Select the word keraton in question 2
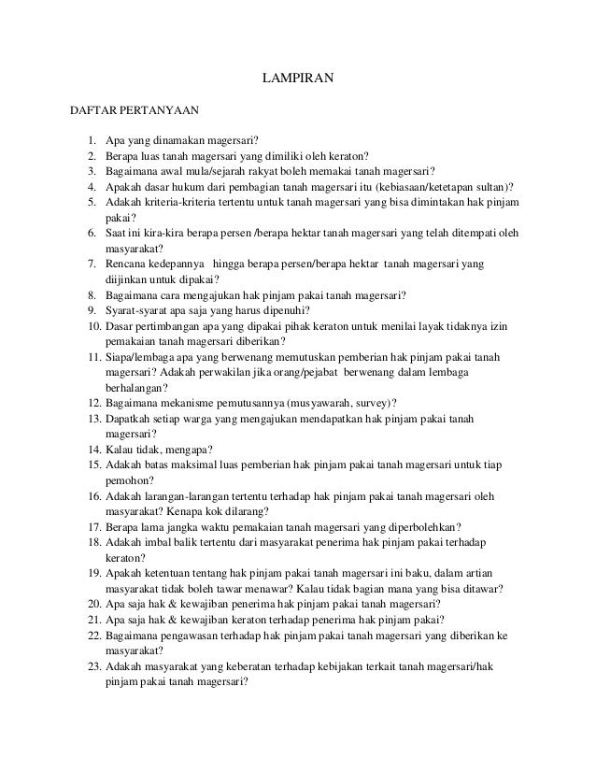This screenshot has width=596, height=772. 348,156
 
